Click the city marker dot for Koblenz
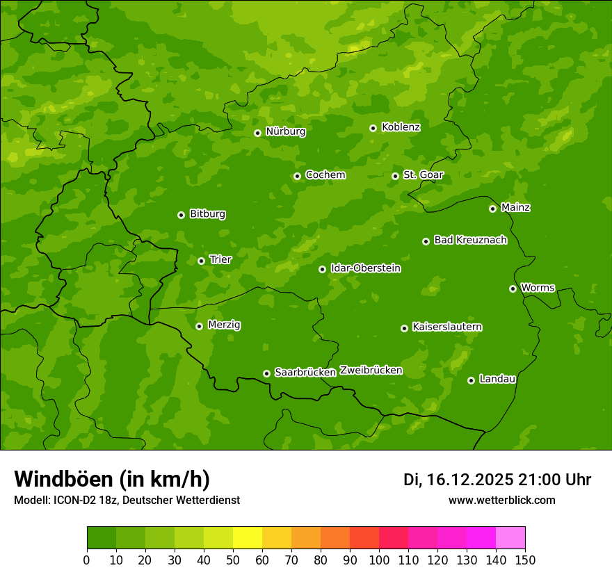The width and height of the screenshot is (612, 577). (373, 128)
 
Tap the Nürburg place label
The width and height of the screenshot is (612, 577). (285, 131)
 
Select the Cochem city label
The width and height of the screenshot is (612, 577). (325, 175)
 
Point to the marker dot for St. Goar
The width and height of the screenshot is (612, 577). (396, 176)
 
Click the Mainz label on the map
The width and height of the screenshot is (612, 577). (515, 207)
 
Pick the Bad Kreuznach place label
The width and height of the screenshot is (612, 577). (470, 240)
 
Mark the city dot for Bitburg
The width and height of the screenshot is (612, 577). (182, 215)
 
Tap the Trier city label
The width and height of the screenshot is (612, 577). (220, 259)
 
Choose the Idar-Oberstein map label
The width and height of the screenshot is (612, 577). (365, 268)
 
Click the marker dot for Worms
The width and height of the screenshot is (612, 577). (513, 288)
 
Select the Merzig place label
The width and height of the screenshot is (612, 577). (224, 325)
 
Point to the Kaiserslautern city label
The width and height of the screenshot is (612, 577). (447, 327)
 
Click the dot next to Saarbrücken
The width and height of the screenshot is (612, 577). (266, 373)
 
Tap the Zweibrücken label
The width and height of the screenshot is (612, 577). (371, 371)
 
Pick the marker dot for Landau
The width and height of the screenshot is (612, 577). (472, 380)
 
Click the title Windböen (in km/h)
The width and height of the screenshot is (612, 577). (112, 479)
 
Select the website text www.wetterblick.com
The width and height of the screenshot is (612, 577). (501, 500)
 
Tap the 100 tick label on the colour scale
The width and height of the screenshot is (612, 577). (379, 560)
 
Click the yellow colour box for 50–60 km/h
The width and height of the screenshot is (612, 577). (248, 538)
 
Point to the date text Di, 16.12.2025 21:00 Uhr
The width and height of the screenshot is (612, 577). (497, 480)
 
